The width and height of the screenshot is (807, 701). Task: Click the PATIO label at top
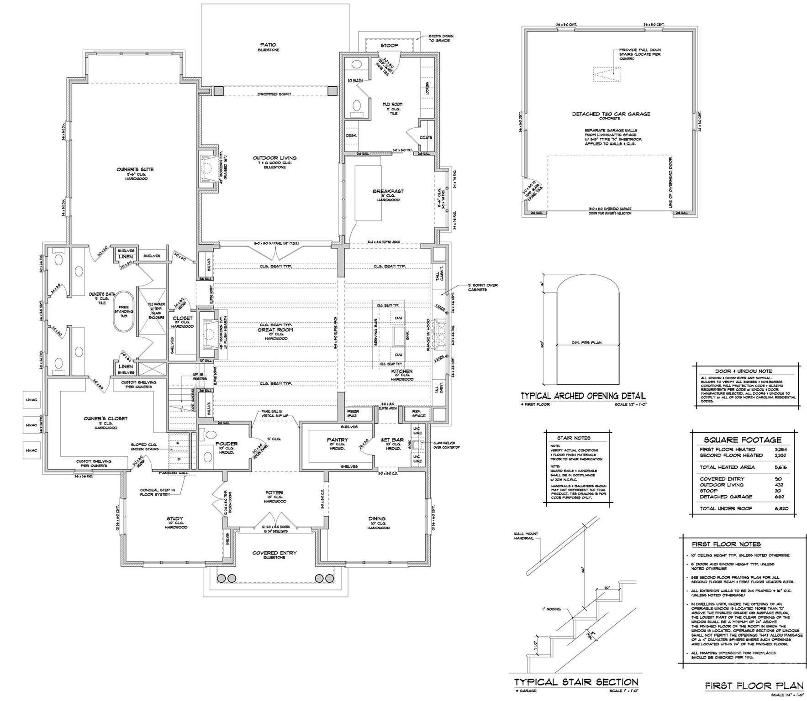point(268,45)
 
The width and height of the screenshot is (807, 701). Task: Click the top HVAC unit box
point(32,400)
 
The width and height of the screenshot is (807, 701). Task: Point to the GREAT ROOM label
point(275,330)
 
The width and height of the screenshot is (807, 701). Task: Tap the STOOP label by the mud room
point(389,46)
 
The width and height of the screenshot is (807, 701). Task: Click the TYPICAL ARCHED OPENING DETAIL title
point(583,396)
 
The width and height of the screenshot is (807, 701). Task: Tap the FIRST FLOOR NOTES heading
point(726,544)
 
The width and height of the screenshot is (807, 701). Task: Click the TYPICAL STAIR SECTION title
point(576,682)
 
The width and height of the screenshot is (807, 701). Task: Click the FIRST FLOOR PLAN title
point(754,685)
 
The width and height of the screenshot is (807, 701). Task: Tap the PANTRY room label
point(338,440)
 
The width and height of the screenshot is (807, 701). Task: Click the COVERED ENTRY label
point(274,553)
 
